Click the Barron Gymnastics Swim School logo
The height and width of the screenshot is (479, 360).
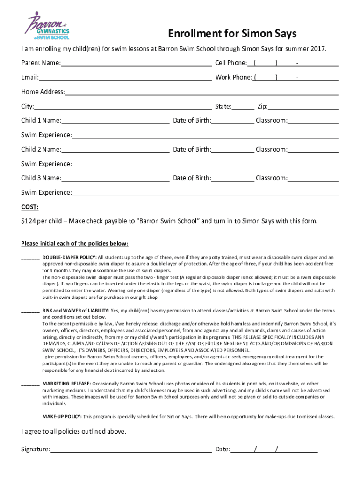48,28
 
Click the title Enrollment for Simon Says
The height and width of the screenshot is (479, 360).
232,34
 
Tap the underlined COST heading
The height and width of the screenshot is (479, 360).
30,207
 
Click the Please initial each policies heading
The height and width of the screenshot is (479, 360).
75,244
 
